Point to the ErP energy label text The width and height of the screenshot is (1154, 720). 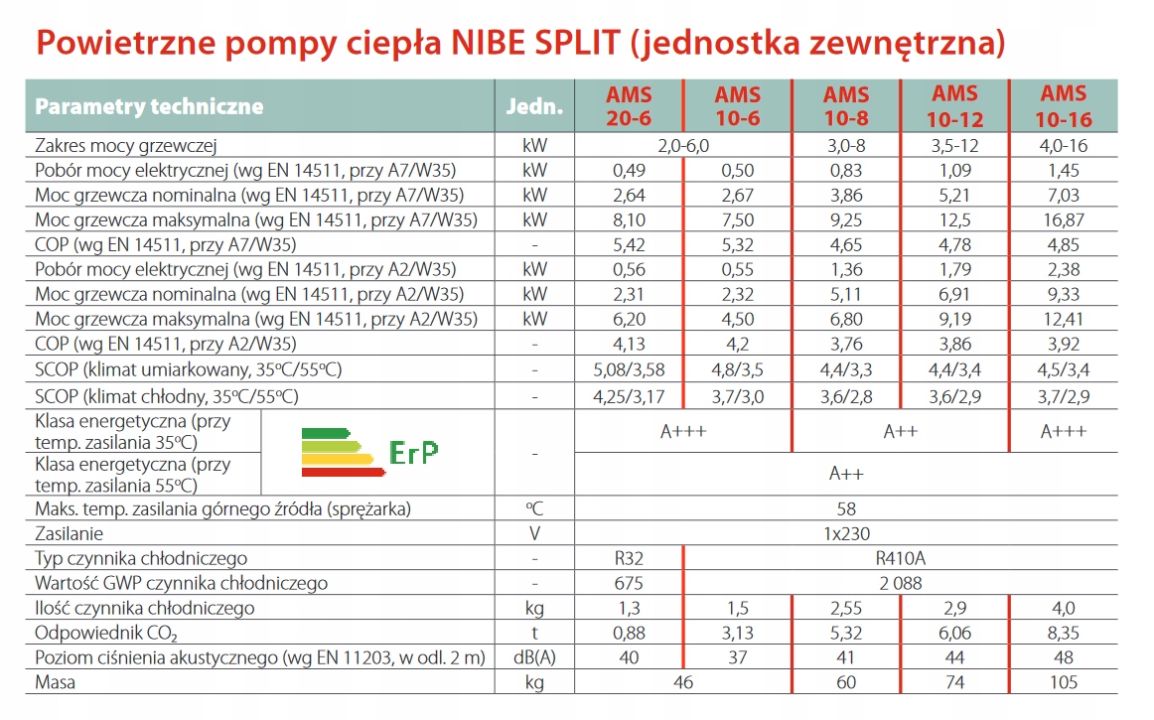pyautogui.click(x=414, y=452)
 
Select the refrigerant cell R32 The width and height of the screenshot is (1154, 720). pyautogui.click(x=629, y=559)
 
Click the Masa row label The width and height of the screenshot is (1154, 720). pyautogui.click(x=56, y=683)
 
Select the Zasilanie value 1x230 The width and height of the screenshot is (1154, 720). pyautogui.click(x=846, y=534)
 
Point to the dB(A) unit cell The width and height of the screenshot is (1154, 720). pyautogui.click(x=534, y=658)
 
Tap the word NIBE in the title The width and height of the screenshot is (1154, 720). pyautogui.click(x=483, y=44)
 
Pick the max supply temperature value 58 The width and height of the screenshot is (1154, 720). pyautogui.click(x=846, y=509)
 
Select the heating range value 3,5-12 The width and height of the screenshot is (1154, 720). pyautogui.click(x=954, y=145)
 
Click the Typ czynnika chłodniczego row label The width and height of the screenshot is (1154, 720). pyautogui.click(x=141, y=559)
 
